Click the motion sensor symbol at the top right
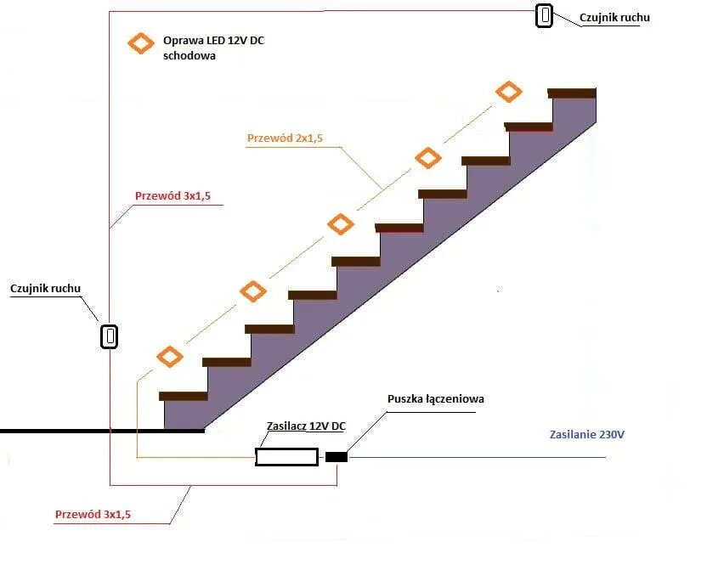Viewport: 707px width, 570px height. coord(544,15)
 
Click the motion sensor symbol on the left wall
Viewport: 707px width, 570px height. coord(110,336)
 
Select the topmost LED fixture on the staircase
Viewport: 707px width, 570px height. coord(508,92)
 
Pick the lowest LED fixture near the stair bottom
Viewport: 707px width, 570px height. coord(170,357)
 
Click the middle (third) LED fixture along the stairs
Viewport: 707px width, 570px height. coord(341,224)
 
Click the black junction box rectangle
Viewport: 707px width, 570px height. coord(337,457)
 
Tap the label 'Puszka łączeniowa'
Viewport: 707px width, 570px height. coord(436,398)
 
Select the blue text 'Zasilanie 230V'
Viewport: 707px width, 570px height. coord(586,435)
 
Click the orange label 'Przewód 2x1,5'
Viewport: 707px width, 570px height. coord(285,138)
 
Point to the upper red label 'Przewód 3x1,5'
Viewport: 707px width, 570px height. coord(173,196)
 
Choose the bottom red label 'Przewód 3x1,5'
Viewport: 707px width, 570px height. coord(93,514)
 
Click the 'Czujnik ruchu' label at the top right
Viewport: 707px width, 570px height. coord(614,17)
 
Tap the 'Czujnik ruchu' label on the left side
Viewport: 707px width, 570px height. coord(46,288)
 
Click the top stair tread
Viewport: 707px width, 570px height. coord(572,93)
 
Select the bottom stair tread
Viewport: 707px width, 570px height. coord(184,396)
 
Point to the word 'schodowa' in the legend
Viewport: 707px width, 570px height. coord(189,55)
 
